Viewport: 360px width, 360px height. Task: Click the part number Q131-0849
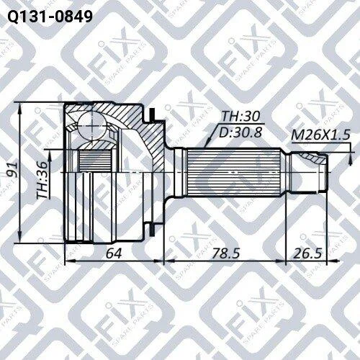(x=50, y=17)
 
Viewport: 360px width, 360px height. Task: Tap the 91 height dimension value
(x=12, y=169)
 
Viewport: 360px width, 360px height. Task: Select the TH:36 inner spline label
(x=42, y=180)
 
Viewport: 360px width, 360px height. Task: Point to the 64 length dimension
(x=114, y=253)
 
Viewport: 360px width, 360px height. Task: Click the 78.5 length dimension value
(x=225, y=253)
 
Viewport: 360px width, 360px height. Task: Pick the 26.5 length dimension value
(x=307, y=253)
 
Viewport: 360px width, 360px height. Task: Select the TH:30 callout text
(x=240, y=117)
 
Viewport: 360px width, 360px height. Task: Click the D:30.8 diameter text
(x=240, y=132)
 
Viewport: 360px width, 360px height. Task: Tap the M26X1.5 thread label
(x=320, y=135)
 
